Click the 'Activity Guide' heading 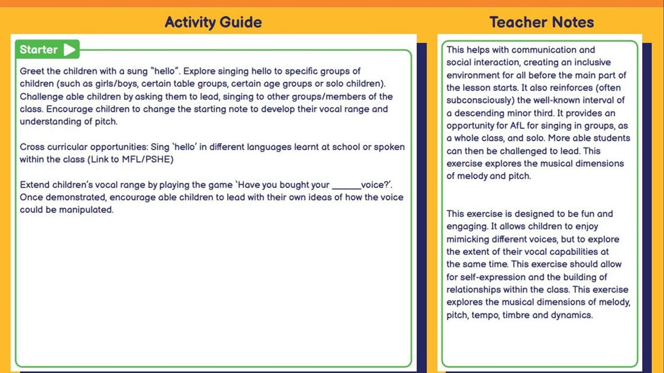click(213, 22)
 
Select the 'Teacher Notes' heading click(542, 22)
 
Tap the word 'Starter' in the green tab click(38, 50)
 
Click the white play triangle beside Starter click(70, 50)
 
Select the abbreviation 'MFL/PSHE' click(149, 160)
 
